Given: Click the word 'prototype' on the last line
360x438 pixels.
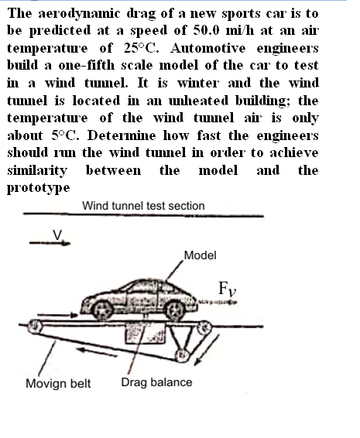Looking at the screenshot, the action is point(38,188).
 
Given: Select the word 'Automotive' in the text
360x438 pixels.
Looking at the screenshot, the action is point(207,48).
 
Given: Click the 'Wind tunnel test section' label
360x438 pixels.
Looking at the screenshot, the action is point(143,206).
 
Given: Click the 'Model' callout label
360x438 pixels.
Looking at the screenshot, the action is point(200,255).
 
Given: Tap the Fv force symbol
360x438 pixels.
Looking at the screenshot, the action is point(227,289).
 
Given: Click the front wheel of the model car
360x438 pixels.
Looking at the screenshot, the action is point(175,310).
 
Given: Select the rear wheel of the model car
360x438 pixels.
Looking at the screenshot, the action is point(102,310).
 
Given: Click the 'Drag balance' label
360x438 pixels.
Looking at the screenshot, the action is point(156,382).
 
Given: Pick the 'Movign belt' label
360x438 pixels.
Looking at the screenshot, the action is point(58,383).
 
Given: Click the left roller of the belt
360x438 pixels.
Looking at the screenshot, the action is point(35,326).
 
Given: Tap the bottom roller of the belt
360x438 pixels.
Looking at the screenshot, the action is point(182,355).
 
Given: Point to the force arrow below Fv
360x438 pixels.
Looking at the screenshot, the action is point(218,302).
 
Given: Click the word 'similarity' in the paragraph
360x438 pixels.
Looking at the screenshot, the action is point(37,170).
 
